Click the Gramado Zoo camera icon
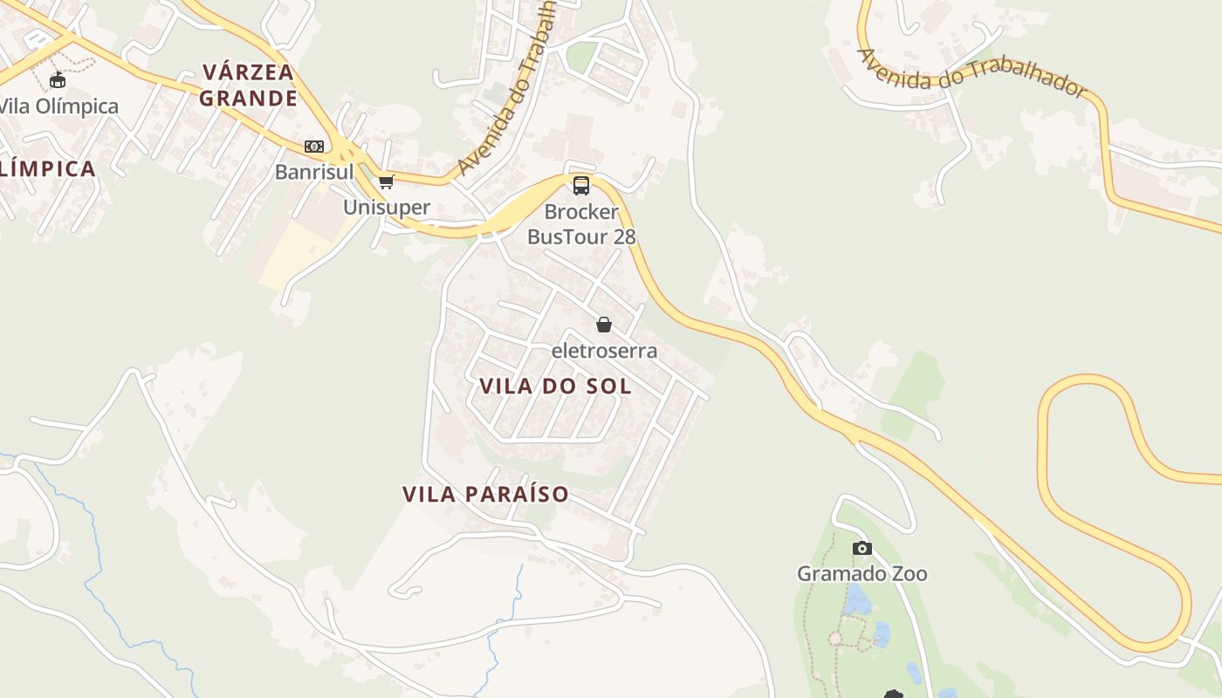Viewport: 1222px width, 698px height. [x=862, y=548]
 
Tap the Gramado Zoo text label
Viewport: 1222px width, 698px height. [x=862, y=573]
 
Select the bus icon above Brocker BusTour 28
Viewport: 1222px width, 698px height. [x=581, y=185]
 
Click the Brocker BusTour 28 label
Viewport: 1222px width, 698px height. [x=581, y=224]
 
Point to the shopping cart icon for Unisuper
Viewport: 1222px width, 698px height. [x=387, y=181]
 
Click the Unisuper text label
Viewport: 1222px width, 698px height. [x=387, y=207]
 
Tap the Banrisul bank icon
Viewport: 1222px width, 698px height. [x=314, y=147]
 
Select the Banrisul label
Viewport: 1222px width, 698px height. [x=314, y=172]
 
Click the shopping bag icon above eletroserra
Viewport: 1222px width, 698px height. [x=603, y=325]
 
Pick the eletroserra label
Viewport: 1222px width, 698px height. [x=604, y=351]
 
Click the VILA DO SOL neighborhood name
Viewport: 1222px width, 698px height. [x=555, y=386]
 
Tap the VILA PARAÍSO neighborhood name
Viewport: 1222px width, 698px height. [x=485, y=494]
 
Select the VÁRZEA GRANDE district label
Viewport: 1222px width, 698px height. [x=248, y=85]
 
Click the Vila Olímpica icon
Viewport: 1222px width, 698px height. [x=58, y=80]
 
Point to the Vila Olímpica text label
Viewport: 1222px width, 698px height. [x=58, y=106]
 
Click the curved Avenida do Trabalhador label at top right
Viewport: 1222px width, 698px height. [x=971, y=72]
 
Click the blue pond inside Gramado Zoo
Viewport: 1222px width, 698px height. [x=857, y=600]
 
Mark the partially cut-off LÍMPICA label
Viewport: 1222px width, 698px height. [x=47, y=168]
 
